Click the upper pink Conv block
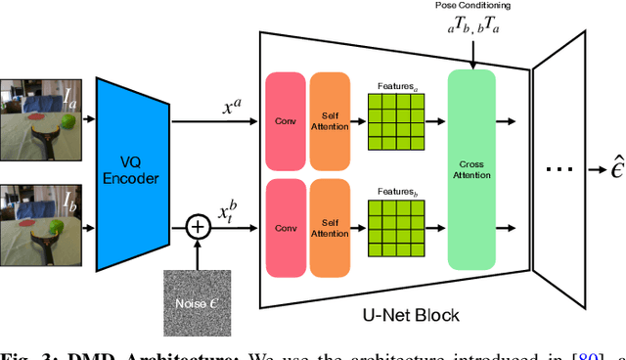pos(285,121)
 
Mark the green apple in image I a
pos(67,121)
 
